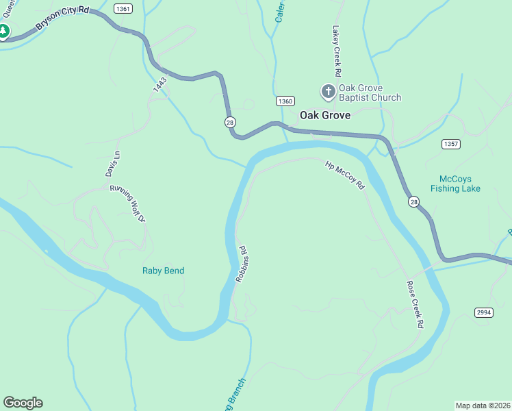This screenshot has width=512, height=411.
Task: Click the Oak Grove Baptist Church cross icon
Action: (x=328, y=91)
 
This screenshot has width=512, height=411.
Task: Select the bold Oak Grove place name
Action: (x=325, y=116)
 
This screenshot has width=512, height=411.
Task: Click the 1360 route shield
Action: (x=285, y=101)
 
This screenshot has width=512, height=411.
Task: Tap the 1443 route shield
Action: (x=160, y=85)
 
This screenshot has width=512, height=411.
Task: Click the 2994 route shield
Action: (x=484, y=312)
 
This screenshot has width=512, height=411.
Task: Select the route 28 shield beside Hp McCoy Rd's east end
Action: (x=413, y=201)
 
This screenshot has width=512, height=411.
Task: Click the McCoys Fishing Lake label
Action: (x=455, y=184)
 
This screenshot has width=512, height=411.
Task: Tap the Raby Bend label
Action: (x=163, y=271)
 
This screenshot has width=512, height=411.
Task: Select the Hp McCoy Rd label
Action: (x=346, y=175)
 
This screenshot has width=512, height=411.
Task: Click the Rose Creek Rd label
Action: (x=415, y=304)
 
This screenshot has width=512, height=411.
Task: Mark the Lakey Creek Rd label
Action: (x=337, y=51)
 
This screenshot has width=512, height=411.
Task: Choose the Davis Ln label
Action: (x=112, y=164)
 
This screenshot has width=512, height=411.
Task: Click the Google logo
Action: (x=23, y=403)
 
